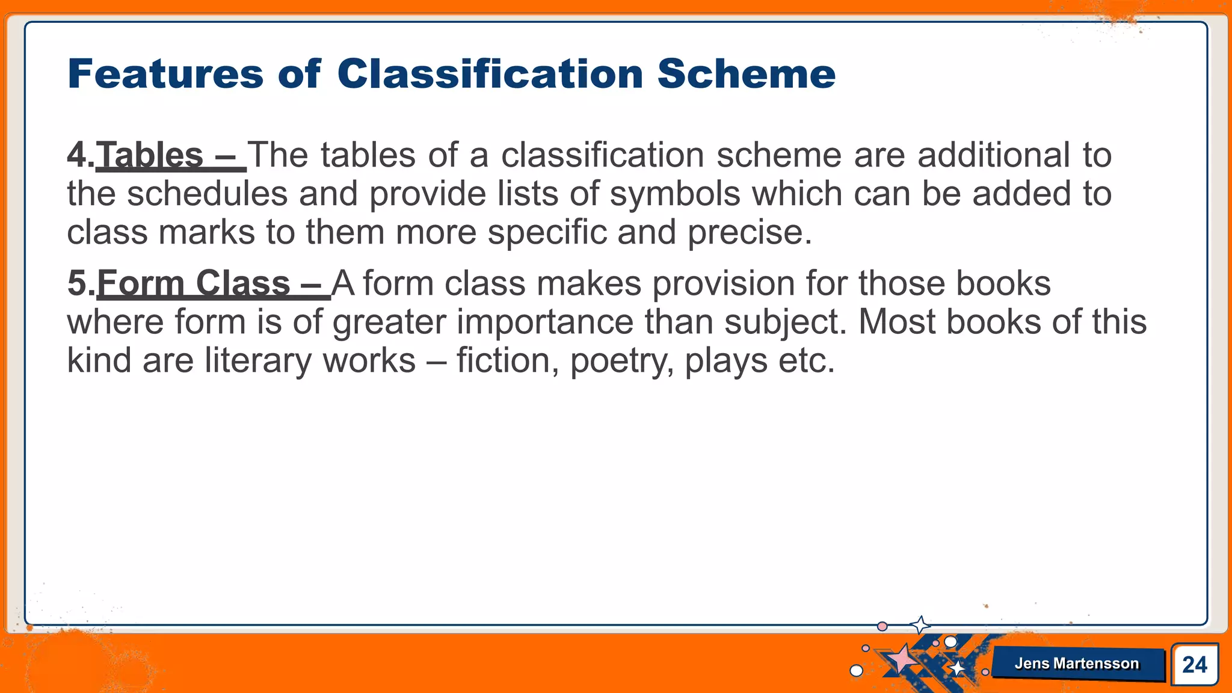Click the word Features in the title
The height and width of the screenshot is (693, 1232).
click(165, 74)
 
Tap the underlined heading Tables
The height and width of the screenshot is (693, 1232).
click(150, 155)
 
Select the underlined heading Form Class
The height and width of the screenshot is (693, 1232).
click(194, 283)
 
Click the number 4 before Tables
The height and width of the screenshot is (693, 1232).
click(77, 155)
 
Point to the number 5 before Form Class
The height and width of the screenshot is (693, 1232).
click(78, 283)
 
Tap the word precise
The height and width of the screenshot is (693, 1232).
click(749, 233)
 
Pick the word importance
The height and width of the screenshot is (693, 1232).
click(544, 322)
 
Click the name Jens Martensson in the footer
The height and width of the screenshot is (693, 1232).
click(1076, 664)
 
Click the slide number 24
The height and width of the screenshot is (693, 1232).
click(1194, 665)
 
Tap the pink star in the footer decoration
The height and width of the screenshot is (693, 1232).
click(901, 659)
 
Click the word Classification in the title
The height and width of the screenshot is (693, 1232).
click(490, 74)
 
